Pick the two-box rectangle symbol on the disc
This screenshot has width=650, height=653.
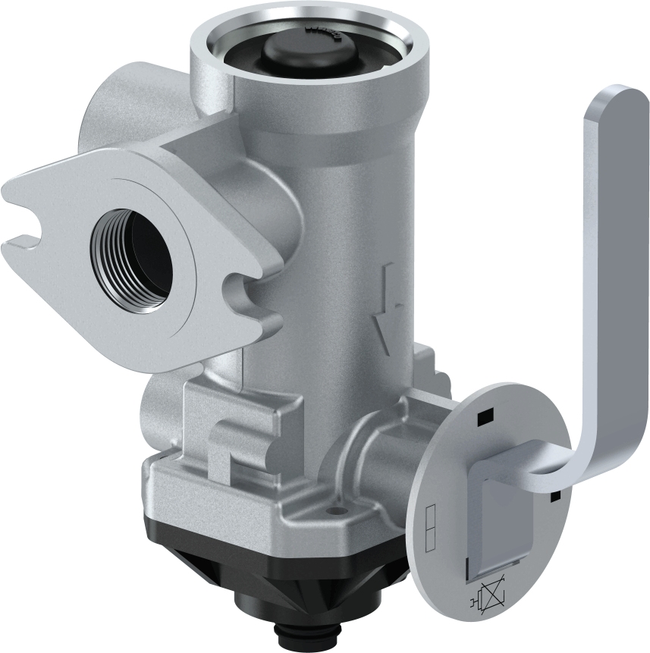point(430,526)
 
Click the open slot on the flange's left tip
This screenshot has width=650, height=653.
point(23,226)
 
